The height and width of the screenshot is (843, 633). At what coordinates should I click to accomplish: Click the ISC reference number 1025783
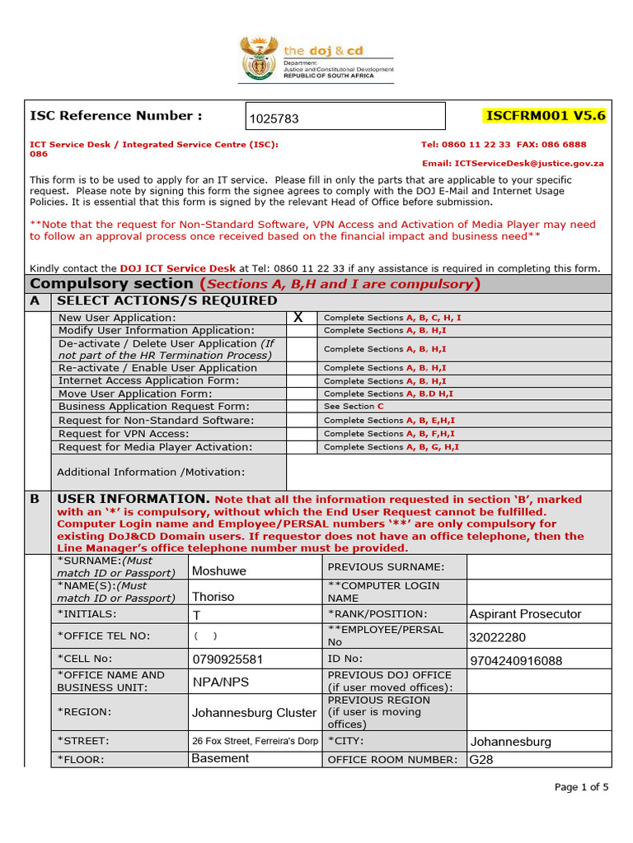tap(274, 119)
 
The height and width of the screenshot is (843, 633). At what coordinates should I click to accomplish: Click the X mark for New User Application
tap(298, 318)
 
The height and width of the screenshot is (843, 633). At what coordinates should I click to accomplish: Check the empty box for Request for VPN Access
tap(302, 434)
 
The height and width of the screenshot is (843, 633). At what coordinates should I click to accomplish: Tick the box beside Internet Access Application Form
tap(302, 381)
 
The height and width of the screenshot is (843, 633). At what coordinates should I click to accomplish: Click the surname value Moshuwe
tap(219, 571)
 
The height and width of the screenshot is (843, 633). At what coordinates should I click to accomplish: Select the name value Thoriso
tap(213, 597)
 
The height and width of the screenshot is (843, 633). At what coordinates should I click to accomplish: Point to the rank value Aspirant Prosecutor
tap(525, 614)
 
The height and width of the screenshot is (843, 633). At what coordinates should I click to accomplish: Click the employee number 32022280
tap(497, 637)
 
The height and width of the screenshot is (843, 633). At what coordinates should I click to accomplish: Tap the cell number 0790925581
tap(227, 659)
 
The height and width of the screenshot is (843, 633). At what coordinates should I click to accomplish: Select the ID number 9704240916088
tap(516, 660)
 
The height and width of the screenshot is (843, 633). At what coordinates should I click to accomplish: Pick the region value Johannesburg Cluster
tap(254, 713)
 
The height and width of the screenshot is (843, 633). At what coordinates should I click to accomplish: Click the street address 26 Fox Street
tap(255, 741)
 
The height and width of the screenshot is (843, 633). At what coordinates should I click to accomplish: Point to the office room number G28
tap(481, 760)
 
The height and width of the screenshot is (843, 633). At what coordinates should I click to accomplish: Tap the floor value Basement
tap(220, 758)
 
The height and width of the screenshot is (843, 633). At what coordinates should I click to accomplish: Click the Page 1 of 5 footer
tap(581, 787)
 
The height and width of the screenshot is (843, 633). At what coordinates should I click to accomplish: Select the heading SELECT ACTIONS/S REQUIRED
tap(167, 300)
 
